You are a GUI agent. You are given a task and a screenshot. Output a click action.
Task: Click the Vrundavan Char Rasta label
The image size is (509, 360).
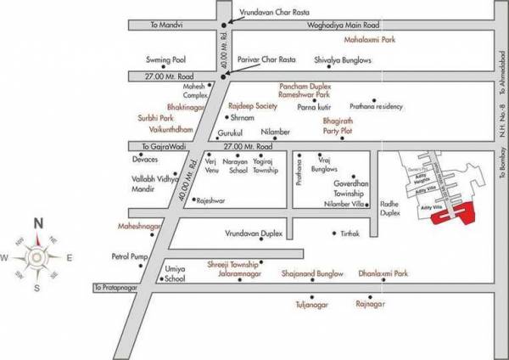coord(271,9)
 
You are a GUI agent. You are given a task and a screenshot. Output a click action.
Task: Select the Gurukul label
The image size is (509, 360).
coord(231,133)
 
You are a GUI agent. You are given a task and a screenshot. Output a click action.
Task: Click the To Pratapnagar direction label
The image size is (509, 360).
coord(118,289)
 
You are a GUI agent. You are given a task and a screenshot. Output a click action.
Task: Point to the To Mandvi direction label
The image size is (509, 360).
coord(165,27)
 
